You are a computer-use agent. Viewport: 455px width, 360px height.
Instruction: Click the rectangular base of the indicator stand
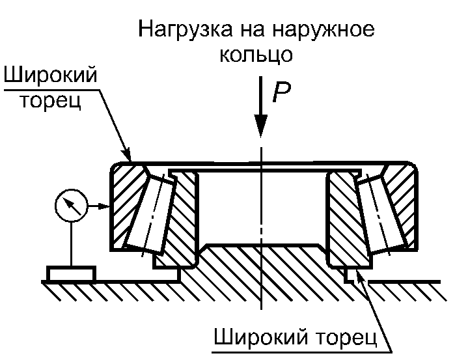click(70, 273)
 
